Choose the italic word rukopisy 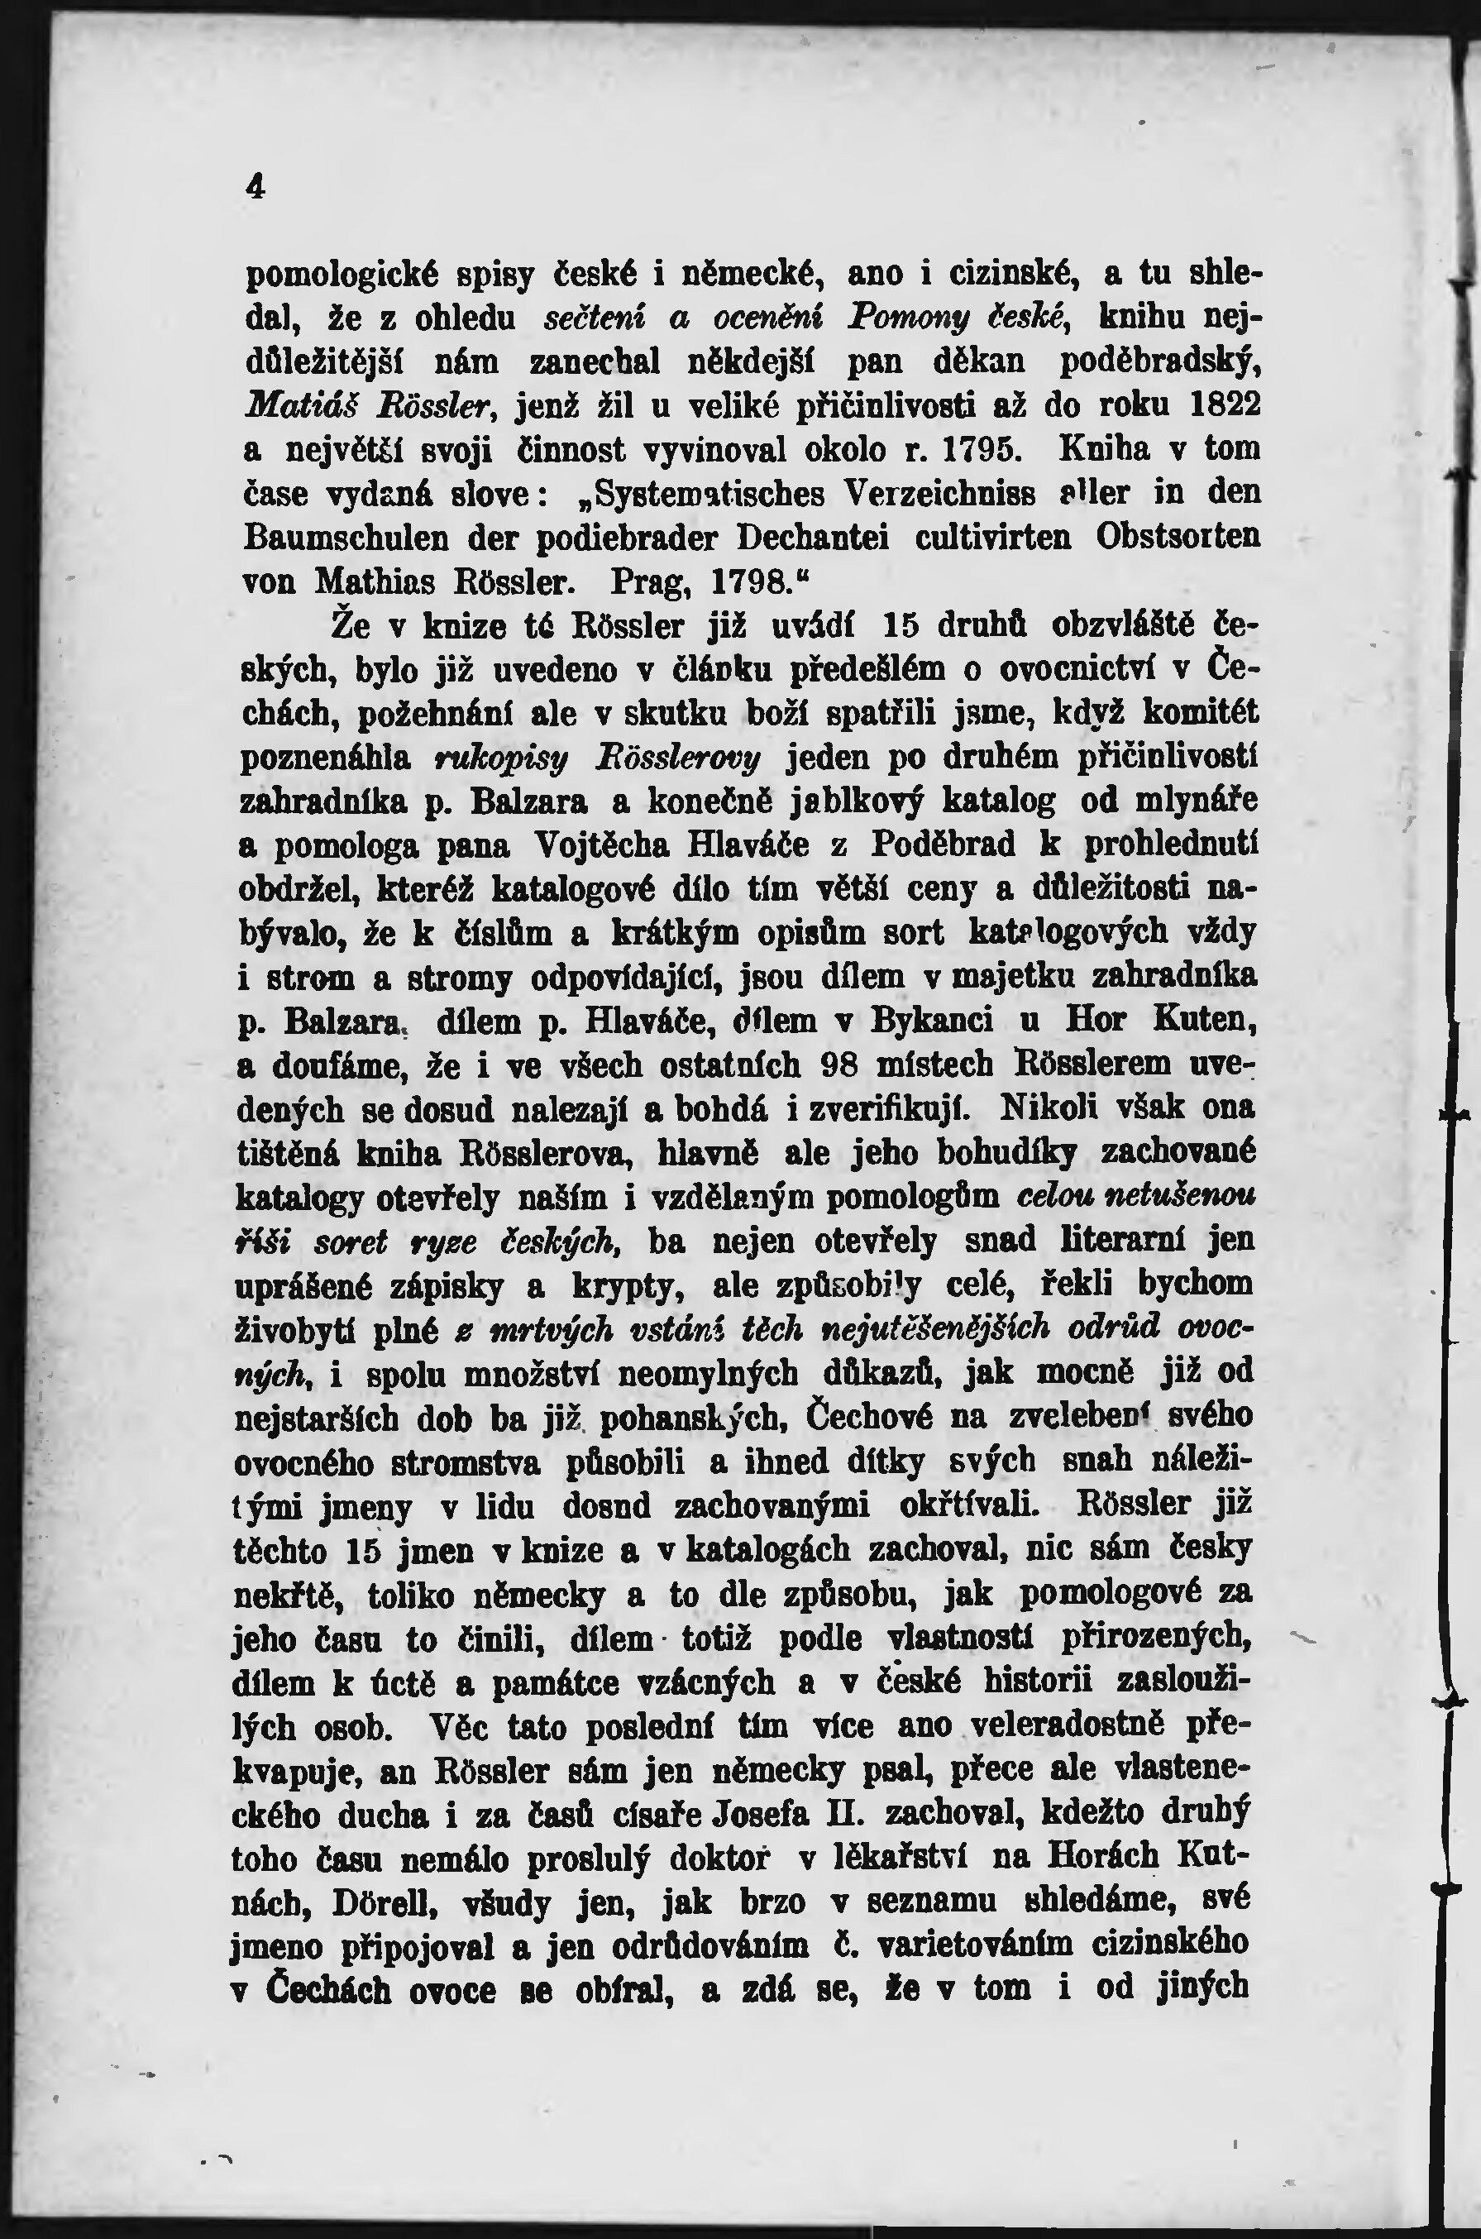pos(486,757)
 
